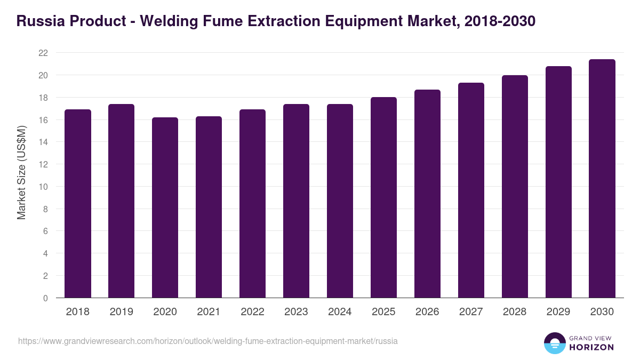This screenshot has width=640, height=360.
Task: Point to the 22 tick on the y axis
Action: pyautogui.click(x=43, y=53)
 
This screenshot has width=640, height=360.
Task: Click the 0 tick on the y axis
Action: pyautogui.click(x=45, y=298)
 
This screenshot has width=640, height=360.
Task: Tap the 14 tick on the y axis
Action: pyautogui.click(x=43, y=142)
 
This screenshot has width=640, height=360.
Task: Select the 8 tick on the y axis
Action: pyautogui.click(x=45, y=209)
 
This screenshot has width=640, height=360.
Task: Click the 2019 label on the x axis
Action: pyautogui.click(x=122, y=312)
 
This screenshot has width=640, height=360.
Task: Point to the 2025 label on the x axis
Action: pyautogui.click(x=383, y=312)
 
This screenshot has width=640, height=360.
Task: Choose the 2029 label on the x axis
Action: pyautogui.click(x=558, y=312)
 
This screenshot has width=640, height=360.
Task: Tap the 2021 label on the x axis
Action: pyautogui.click(x=209, y=312)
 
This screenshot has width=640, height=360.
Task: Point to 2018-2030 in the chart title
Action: pyautogui.click(x=500, y=21)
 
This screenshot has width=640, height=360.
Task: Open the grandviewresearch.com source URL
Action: pyautogui.click(x=208, y=341)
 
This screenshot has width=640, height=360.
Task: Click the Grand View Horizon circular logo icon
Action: pyautogui.click(x=554, y=343)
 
